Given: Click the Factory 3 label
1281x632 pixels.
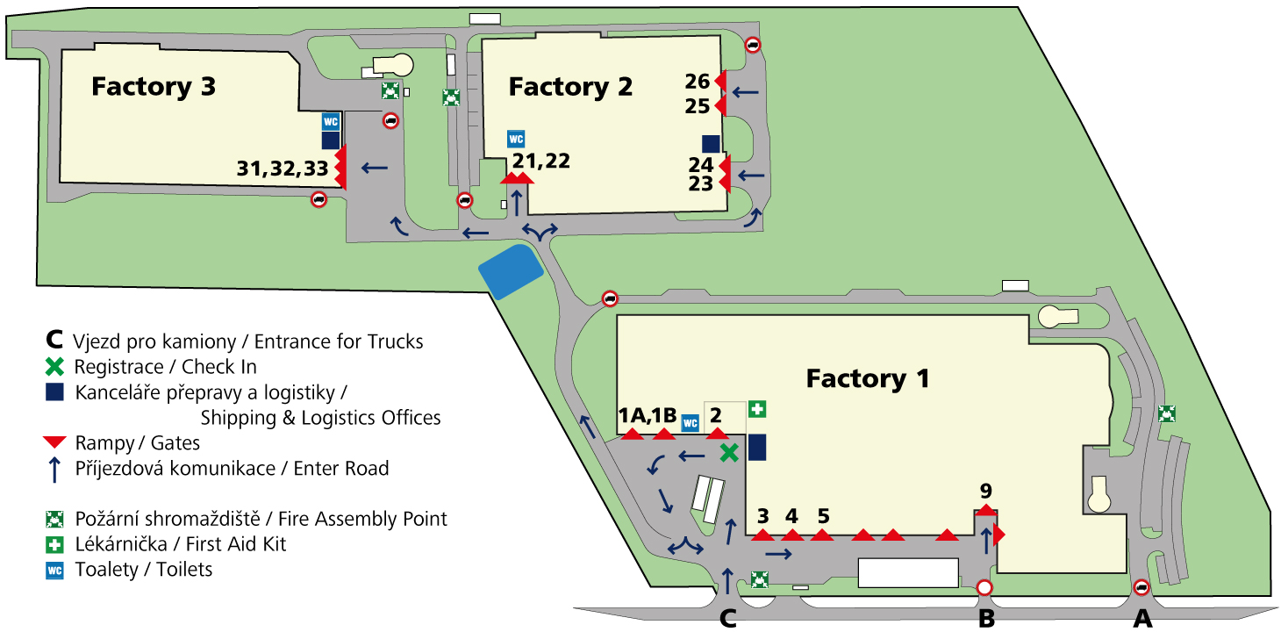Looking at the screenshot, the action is click(154, 87).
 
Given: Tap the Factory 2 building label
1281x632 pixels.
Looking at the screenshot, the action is click(570, 87).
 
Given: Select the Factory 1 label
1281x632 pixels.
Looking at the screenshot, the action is click(868, 378).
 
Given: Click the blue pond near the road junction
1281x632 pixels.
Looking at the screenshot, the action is click(511, 272).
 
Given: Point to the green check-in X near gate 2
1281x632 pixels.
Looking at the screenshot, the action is click(729, 453).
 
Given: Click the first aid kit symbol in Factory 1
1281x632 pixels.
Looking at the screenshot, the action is click(757, 409).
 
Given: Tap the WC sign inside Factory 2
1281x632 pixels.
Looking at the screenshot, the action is click(516, 139).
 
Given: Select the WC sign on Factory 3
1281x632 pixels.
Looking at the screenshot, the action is click(331, 121).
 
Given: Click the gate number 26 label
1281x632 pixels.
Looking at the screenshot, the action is click(698, 82).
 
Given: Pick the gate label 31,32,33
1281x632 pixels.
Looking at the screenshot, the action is click(283, 169).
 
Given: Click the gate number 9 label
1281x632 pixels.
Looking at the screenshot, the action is click(985, 491).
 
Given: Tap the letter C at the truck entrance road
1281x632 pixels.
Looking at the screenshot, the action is click(727, 618).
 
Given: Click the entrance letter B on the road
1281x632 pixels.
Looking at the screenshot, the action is click(986, 618).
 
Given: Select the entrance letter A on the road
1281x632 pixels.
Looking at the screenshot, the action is click(1142, 618).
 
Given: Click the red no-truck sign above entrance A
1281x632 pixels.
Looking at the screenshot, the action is click(1141, 587).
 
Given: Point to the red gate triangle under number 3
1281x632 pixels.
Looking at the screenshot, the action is click(762, 535).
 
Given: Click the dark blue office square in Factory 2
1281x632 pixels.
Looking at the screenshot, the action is click(711, 144).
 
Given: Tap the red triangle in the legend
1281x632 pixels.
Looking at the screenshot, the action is click(55, 442).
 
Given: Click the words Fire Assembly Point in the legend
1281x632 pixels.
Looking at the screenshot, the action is click(362, 519).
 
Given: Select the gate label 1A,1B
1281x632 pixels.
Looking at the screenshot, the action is click(648, 414).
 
